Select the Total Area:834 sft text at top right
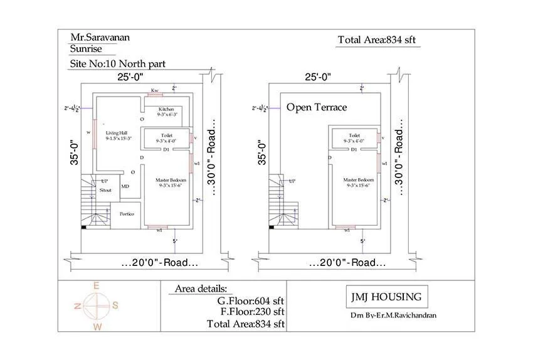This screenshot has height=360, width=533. coord(377,40)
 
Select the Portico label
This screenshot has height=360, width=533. coord(127,214)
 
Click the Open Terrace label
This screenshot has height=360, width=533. coord(316,107)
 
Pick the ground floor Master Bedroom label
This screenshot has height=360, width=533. coord(166,183)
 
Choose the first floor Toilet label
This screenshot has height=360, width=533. coord(354,135)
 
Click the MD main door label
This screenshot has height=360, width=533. coord(125,186)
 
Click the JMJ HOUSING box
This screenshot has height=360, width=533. coord(384,297)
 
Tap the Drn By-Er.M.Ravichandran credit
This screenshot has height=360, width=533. coord(393,315)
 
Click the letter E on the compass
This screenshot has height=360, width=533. coord(97,286)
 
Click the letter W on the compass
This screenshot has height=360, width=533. coord(97,327)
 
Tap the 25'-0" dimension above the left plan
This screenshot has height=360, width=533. coord(129,77)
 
